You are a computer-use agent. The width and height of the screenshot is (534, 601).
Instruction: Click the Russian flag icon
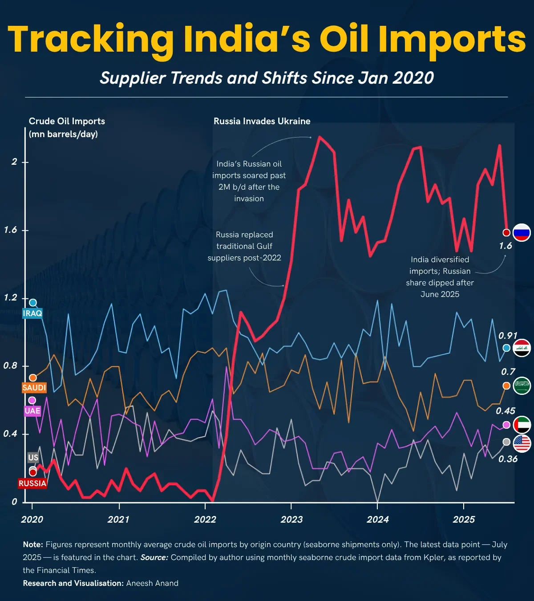click(x=522, y=232)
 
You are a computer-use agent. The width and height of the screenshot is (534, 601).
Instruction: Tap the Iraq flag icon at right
click(x=522, y=348)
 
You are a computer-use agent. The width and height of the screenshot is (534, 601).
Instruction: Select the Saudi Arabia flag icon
click(x=522, y=386)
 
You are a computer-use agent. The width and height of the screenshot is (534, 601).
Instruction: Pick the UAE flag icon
click(x=522, y=425)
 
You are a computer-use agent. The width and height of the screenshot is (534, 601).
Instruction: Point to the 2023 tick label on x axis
click(x=291, y=520)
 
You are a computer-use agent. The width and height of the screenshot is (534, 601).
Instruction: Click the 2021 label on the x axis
click(x=118, y=520)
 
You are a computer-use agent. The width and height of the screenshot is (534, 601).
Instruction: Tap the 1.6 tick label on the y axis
click(x=10, y=230)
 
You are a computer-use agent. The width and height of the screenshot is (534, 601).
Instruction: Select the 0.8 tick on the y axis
click(x=10, y=366)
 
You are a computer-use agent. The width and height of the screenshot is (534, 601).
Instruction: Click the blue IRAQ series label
click(x=32, y=313)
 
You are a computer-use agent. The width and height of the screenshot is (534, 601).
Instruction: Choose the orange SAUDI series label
click(x=34, y=388)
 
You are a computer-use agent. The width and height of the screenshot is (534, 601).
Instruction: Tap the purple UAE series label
click(x=32, y=411)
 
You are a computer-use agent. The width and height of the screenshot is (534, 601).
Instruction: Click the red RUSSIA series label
click(x=32, y=483)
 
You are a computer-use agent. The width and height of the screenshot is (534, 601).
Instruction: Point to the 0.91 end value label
click(x=507, y=336)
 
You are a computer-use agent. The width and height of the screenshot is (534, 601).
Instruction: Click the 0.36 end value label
click(x=508, y=459)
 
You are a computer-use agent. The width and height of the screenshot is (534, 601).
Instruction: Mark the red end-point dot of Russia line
click(x=506, y=232)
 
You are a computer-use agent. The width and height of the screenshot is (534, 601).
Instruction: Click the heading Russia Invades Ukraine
click(x=262, y=121)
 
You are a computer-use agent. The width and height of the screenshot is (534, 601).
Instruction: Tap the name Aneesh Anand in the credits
click(x=152, y=583)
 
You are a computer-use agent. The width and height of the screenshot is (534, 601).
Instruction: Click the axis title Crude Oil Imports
click(x=67, y=121)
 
